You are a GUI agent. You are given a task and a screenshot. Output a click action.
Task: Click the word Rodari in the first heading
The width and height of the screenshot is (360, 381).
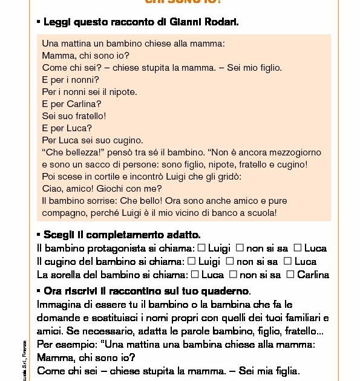click(221, 22)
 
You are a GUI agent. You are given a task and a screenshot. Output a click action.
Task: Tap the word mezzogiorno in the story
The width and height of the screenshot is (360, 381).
click(293, 152)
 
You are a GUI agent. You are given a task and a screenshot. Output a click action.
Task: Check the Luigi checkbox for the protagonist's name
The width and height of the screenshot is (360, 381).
click(202, 248)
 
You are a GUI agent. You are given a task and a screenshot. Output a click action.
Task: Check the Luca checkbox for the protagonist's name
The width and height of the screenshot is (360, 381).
click(297, 248)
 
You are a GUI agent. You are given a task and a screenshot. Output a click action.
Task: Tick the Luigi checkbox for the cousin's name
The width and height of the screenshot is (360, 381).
click(192, 261)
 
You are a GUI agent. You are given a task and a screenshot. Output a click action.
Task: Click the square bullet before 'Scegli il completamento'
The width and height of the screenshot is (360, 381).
click(39, 234)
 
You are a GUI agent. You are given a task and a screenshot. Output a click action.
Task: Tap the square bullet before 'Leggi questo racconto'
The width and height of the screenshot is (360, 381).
click(39, 22)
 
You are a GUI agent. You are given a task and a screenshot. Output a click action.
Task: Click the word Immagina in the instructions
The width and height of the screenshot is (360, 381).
click(57, 304)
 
